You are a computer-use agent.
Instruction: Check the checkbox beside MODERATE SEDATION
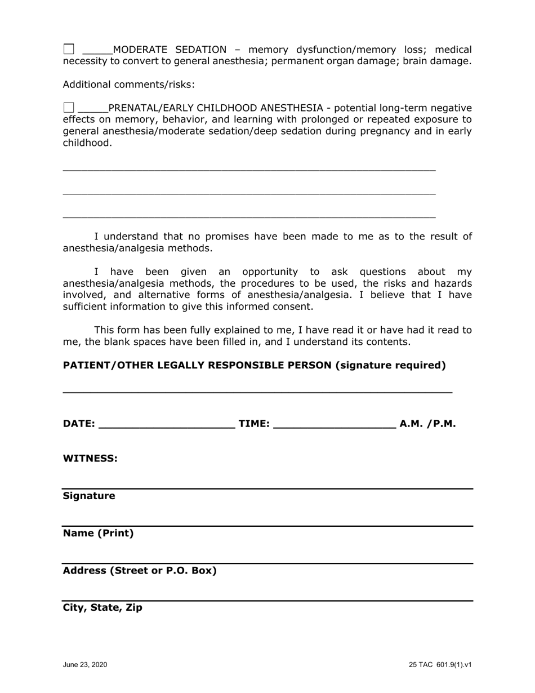pos(69,49)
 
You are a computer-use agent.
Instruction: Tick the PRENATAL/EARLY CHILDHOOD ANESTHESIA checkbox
pos(69,108)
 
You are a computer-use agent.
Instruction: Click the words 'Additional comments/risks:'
pos(128,85)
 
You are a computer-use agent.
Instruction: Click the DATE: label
pos(79,424)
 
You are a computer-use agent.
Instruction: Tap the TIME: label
pos(255,424)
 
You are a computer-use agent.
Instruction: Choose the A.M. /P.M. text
pos(427,424)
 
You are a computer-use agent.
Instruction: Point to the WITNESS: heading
pos(90,459)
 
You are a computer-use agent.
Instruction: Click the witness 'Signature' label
pos(89,496)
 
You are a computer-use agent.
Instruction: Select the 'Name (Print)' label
pos(98,533)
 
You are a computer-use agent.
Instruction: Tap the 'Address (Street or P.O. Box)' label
pos(140,571)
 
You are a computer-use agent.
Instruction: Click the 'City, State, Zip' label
pos(102,608)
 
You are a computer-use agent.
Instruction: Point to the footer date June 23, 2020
pos(85,665)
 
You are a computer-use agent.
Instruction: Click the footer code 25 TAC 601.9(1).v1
pos(440,665)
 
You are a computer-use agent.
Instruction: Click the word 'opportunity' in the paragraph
pos(265,272)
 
